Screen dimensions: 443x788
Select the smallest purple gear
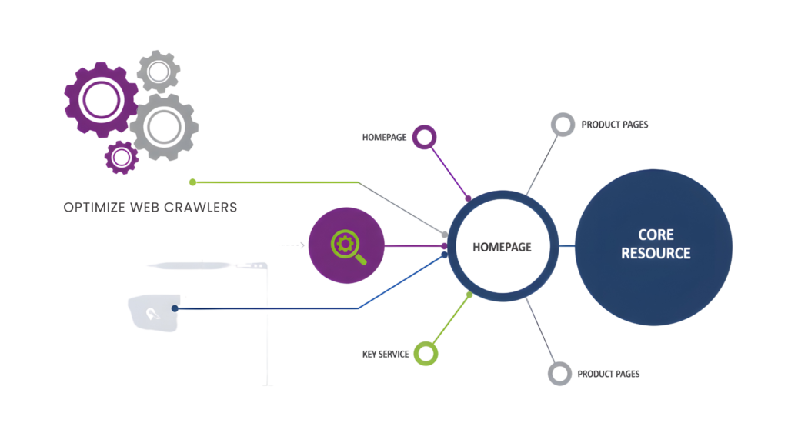[x=121, y=157]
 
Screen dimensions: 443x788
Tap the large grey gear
[x=162, y=127]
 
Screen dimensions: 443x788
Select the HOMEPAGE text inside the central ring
[x=503, y=246]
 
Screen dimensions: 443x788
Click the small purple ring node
[x=424, y=137]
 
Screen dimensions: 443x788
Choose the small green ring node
[x=426, y=353]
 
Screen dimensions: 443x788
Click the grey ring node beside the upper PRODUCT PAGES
[x=563, y=124]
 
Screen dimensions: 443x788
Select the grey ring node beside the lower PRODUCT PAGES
[x=559, y=374]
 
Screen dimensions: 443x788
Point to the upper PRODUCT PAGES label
[x=615, y=124]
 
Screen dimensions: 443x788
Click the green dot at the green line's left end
[x=192, y=182]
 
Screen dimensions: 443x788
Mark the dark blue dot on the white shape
[x=176, y=308]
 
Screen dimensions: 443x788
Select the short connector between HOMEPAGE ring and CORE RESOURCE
[x=566, y=246]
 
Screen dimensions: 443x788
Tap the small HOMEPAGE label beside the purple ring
[x=384, y=137]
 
